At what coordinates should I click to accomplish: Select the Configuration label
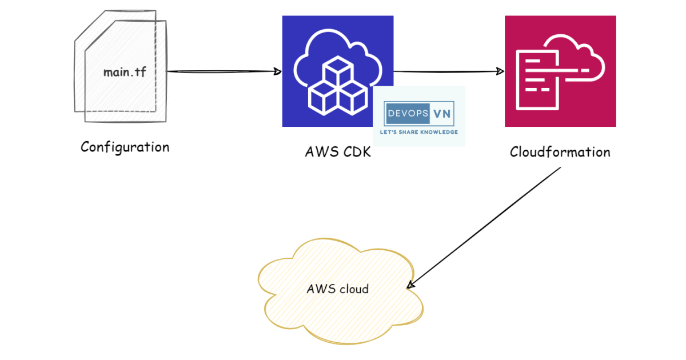pyautogui.click(x=125, y=147)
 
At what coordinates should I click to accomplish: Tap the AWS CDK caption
pyautogui.click(x=338, y=153)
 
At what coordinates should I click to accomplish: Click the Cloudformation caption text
pyautogui.click(x=560, y=152)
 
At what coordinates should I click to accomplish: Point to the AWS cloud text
pyautogui.click(x=337, y=289)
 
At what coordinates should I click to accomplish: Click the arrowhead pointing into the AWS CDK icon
pyautogui.click(x=278, y=71)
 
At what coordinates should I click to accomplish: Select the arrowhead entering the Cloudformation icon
pyautogui.click(x=500, y=71)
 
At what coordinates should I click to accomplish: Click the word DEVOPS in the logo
pyautogui.click(x=408, y=114)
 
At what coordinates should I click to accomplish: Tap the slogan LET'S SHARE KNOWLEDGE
pyautogui.click(x=418, y=132)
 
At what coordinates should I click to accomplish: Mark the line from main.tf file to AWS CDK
pyautogui.click(x=223, y=71)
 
